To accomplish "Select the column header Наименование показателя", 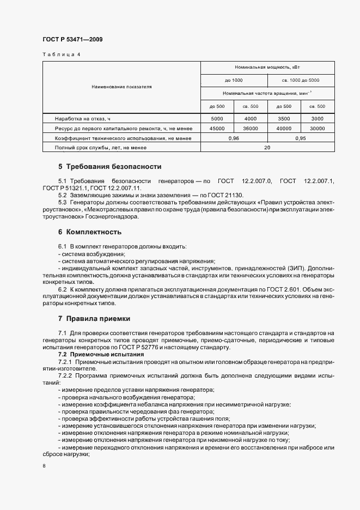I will (121, 87).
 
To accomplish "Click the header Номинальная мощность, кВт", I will (267, 67).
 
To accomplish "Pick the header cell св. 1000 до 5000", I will (301, 80).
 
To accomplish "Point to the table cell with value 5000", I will (217, 118).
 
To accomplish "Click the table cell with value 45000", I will (217, 128).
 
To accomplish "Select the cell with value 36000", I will (251, 128).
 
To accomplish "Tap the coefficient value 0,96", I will (234, 138).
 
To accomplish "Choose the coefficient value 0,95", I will (301, 138).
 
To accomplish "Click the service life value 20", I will (267, 148).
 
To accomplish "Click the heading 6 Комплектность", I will (89, 232).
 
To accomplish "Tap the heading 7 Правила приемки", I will (94, 318).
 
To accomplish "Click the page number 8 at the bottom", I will (44, 466).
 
